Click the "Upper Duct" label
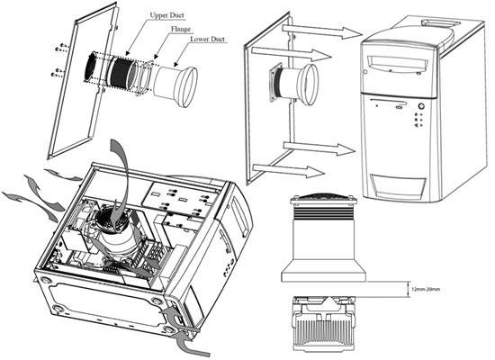[x=166, y=15]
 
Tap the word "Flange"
[x=181, y=29]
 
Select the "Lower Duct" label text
[x=207, y=40]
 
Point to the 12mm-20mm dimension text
[x=426, y=289]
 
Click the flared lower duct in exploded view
[x=175, y=85]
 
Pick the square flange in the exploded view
[x=144, y=77]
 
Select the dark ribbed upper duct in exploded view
[x=122, y=73]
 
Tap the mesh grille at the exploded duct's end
[x=92, y=67]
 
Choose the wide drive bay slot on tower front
[x=399, y=63]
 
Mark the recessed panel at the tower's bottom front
[x=399, y=185]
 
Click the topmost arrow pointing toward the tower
[x=322, y=31]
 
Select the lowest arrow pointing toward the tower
[x=289, y=170]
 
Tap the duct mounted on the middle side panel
[x=292, y=84]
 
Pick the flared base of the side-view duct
[x=324, y=271]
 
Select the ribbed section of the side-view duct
[x=323, y=212]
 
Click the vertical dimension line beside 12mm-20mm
[x=409, y=289]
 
